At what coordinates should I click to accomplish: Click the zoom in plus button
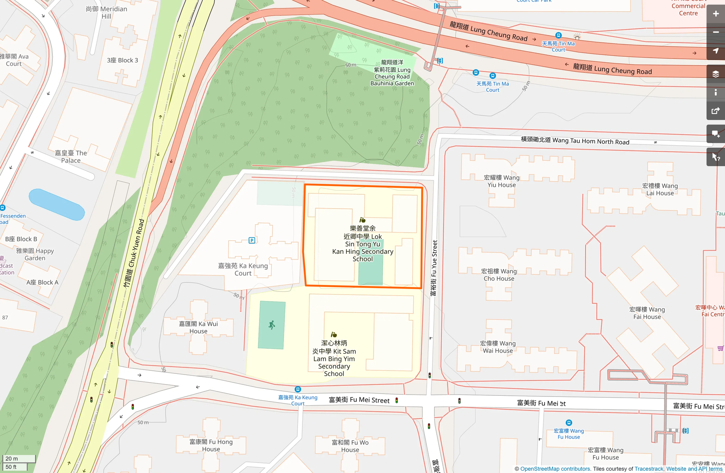(715, 14)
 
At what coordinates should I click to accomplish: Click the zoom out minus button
(715, 32)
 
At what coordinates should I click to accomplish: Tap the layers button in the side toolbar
(715, 74)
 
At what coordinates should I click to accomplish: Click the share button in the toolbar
(715, 111)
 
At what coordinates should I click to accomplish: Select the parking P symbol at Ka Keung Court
(252, 240)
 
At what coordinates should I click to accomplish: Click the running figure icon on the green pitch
(272, 325)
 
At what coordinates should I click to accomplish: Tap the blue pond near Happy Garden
(57, 205)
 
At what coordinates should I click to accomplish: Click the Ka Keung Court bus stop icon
(297, 389)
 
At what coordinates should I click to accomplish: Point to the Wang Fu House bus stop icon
(569, 423)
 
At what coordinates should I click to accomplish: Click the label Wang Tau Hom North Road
(575, 141)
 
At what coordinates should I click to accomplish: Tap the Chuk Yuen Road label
(134, 254)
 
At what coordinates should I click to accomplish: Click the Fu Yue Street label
(434, 268)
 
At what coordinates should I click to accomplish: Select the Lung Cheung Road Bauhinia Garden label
(392, 73)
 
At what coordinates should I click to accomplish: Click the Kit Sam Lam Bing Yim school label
(334, 358)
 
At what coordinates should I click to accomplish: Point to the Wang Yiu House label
(501, 181)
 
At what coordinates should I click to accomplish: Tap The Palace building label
(71, 157)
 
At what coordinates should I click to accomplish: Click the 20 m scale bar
(18, 458)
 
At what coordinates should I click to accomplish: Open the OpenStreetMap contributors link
(555, 469)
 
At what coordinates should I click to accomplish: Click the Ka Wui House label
(198, 327)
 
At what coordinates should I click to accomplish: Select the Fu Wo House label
(350, 446)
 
